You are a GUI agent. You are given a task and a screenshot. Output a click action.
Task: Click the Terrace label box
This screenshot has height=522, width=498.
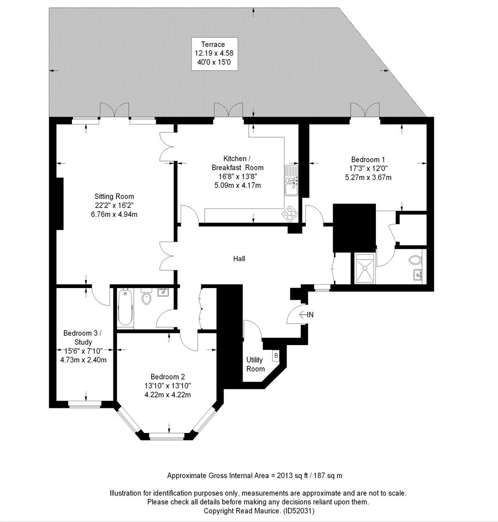(x=214, y=54)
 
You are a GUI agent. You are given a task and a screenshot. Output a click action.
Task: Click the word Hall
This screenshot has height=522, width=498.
(x=239, y=259)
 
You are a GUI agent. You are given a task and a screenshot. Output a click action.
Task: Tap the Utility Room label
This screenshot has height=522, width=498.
(x=256, y=364)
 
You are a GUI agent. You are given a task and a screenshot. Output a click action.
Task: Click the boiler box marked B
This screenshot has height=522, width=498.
(x=276, y=356)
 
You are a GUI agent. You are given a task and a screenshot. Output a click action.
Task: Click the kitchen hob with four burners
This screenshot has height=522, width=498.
(x=290, y=214)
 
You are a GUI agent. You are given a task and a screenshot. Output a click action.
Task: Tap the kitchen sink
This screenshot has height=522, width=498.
(x=291, y=180)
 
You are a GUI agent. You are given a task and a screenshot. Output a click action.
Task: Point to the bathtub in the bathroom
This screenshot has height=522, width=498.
(x=126, y=307)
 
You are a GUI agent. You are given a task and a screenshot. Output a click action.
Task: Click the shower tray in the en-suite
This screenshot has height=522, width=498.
(x=365, y=268)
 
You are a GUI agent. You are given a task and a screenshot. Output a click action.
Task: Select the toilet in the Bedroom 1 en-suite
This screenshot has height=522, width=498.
(x=416, y=260)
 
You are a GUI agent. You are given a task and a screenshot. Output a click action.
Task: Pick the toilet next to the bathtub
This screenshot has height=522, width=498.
(x=146, y=296)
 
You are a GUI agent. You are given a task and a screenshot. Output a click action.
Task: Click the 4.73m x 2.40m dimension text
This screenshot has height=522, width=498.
(x=84, y=360)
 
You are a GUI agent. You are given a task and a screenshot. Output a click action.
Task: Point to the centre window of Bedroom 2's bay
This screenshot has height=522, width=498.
(x=167, y=436)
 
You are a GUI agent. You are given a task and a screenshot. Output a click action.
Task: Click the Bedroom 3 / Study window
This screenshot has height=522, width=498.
(x=85, y=404)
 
